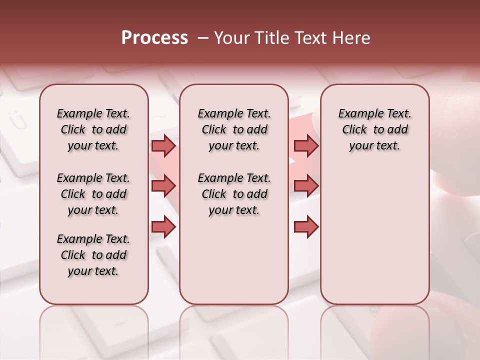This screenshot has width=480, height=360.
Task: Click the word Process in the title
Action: tap(154, 38)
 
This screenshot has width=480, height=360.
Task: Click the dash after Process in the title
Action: tap(202, 38)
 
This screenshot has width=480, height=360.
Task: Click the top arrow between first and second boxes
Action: tap(163, 145)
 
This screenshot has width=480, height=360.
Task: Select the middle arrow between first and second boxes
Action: tap(163, 186)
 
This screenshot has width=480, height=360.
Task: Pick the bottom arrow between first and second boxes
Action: tap(163, 227)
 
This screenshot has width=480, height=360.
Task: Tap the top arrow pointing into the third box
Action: tap(306, 145)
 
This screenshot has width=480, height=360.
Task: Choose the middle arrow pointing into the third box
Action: tap(306, 186)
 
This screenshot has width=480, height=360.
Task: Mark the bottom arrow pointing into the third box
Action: tap(306, 227)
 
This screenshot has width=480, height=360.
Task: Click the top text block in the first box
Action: tap(93, 129)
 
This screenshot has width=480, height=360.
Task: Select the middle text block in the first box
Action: tap(93, 194)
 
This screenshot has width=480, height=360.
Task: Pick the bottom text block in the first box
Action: tap(93, 255)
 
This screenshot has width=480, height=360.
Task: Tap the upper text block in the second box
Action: tap(234, 129)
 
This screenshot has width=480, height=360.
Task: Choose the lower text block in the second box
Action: tap(234, 194)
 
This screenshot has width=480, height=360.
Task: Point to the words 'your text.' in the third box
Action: tap(374, 146)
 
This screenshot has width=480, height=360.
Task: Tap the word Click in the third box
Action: tap(354, 130)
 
